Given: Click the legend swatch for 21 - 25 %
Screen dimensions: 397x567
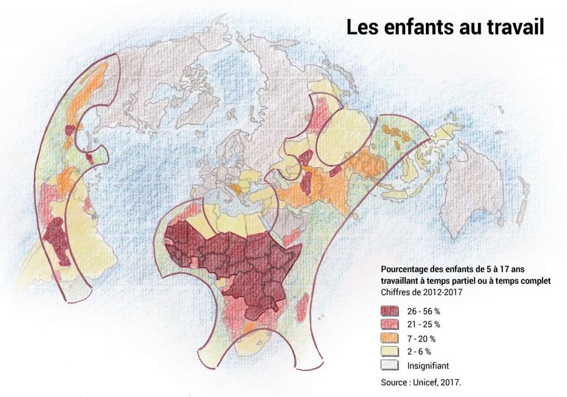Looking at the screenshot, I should tap(391, 325).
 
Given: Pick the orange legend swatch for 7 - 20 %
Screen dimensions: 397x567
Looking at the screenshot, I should tap(391, 338).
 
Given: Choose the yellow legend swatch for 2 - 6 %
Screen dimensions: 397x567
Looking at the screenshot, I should tap(391, 352).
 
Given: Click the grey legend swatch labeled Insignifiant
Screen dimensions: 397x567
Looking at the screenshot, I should tap(391, 366).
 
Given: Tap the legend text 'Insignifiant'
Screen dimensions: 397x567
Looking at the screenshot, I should tap(428, 366).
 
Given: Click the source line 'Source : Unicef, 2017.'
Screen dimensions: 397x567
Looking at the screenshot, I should tap(421, 383).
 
